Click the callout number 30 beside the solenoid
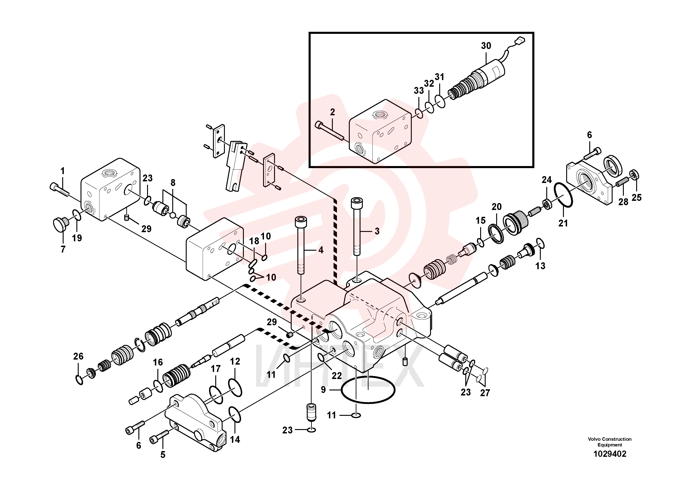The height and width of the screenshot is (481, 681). click(x=486, y=46)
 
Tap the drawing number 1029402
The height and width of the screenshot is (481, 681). click(x=610, y=454)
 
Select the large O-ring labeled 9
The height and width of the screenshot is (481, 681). click(x=368, y=390)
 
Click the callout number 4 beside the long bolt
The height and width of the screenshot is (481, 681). click(x=321, y=250)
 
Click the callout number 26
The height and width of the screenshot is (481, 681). click(x=78, y=356)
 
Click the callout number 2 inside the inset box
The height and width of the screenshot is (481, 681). click(x=332, y=112)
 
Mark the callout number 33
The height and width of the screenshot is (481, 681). click(x=419, y=90)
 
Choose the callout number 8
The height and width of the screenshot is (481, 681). click(x=173, y=183)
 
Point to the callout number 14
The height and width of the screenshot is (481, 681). click(x=235, y=439)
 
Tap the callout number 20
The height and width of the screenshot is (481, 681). click(x=497, y=207)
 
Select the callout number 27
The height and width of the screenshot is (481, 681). click(x=485, y=393)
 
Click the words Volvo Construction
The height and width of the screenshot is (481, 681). click(x=610, y=439)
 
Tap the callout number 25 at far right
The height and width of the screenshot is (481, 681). click(x=637, y=198)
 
